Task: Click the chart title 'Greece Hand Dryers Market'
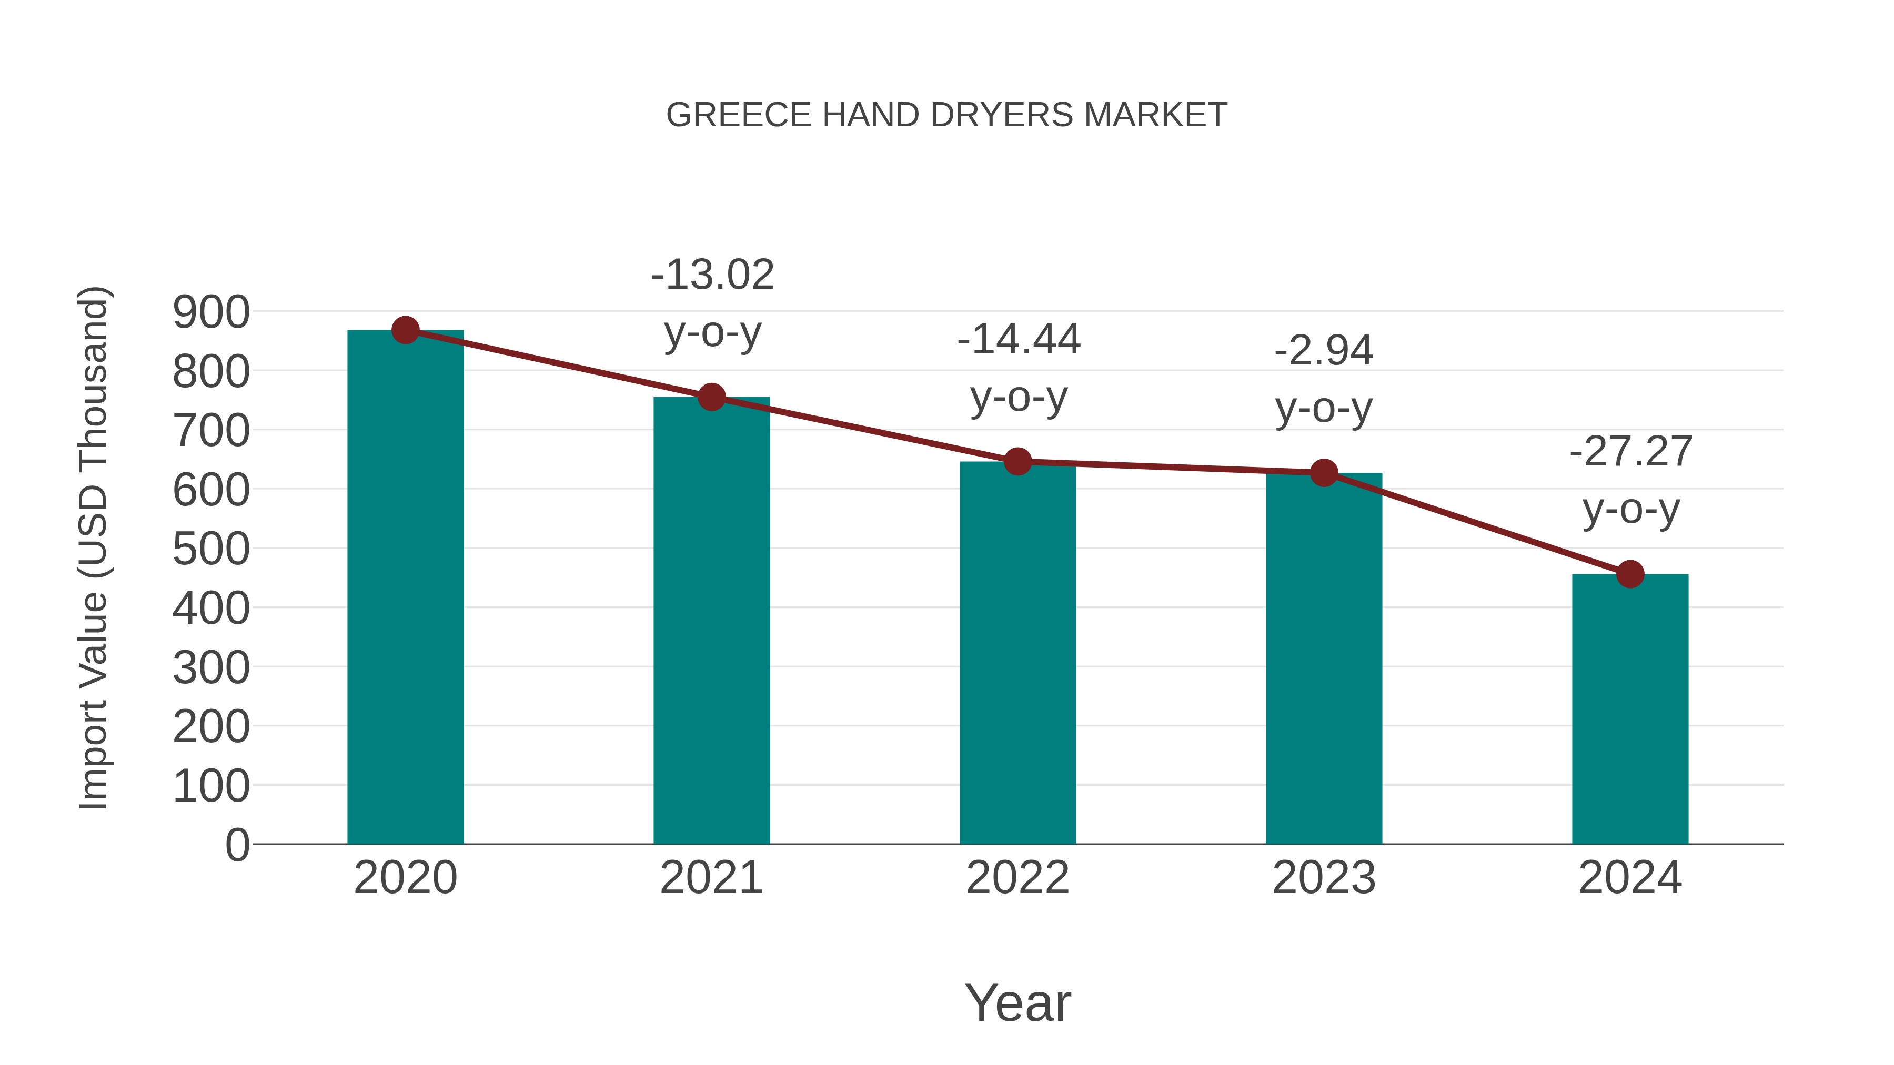[946, 115]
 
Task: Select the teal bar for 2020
[405, 588]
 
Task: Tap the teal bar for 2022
[1017, 654]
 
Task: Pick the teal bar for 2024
[1630, 709]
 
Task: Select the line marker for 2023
[1324, 473]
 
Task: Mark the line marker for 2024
[1630, 574]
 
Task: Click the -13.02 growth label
[712, 275]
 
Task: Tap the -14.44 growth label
[1019, 340]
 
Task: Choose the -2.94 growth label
[1324, 351]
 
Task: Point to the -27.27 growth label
[1631, 451]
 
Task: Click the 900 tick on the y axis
[211, 312]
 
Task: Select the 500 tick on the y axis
[211, 549]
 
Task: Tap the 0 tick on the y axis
[237, 845]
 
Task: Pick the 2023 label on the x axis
[1324, 878]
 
